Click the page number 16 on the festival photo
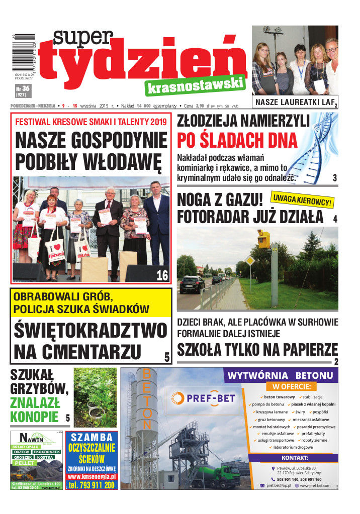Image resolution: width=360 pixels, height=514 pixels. [x=162, y=275]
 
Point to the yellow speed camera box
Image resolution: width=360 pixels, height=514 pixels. [x=263, y=238]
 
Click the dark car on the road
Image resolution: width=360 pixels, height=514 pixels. [x=192, y=284]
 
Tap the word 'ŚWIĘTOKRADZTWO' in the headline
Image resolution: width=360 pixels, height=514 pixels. [x=90, y=330]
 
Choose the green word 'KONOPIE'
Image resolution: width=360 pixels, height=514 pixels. [x=34, y=417]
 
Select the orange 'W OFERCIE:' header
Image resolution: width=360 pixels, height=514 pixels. [x=291, y=387]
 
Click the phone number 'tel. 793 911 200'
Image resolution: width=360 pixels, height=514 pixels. [x=92, y=485]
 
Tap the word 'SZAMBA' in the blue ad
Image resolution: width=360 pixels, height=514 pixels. [x=92, y=437]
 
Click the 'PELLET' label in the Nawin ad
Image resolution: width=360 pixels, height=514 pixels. [x=24, y=463]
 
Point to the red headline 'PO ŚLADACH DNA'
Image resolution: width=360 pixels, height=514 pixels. [x=237, y=140]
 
